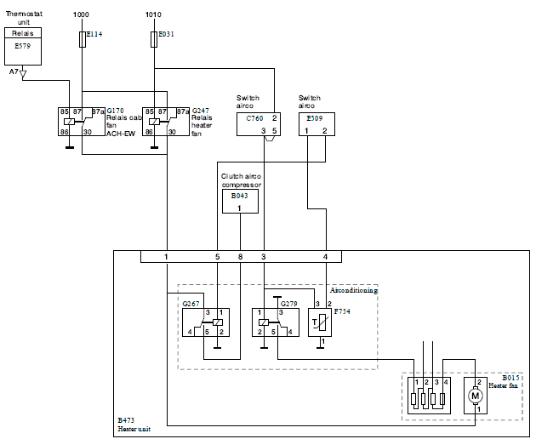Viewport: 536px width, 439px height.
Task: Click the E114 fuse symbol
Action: pos(83,39)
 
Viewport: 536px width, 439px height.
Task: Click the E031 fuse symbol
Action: pos(154,39)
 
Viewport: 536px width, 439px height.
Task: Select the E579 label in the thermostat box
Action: pos(23,46)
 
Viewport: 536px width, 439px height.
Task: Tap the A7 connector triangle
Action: pos(23,74)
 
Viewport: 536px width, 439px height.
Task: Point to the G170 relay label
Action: pos(115,111)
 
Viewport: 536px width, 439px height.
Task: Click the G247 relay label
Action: pos(201,111)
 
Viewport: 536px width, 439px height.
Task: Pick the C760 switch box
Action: pos(259,124)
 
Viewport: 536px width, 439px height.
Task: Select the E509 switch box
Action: pos(316,124)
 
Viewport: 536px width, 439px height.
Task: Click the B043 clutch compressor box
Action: pos(240,202)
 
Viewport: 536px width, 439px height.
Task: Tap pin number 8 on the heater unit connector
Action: pos(240,257)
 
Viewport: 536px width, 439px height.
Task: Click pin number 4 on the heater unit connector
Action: pos(325,257)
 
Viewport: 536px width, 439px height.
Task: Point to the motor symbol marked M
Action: pos(475,396)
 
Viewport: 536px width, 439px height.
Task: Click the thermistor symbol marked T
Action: pos(320,322)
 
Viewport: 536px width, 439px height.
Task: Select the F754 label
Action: pos(342,311)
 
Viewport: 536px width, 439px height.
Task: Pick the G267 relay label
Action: pos(191,304)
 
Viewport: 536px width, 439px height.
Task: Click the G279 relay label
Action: pos(289,304)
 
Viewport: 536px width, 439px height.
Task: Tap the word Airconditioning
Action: pos(354,290)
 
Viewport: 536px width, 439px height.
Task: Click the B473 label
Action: pos(126,420)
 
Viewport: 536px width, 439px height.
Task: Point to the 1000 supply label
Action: pos(81,14)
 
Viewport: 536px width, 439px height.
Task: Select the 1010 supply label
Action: pos(153,14)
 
